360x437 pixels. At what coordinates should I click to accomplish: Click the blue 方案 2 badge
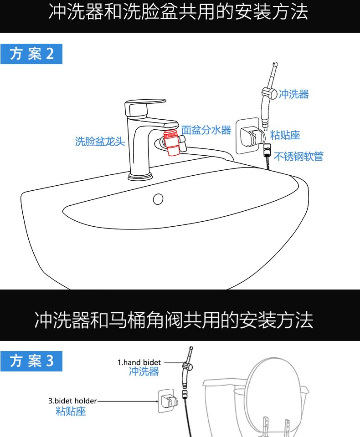(x=31, y=54)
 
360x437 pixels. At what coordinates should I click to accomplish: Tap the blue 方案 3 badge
(x=31, y=361)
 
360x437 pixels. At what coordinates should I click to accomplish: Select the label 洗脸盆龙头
(x=100, y=142)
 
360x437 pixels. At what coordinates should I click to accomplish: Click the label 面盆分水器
(x=206, y=130)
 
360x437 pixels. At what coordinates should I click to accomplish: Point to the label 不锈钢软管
(x=298, y=157)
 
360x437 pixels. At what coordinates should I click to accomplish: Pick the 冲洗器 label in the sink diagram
(x=293, y=94)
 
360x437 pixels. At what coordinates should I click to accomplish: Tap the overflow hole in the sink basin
(x=158, y=198)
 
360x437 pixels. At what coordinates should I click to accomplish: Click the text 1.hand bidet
(x=139, y=363)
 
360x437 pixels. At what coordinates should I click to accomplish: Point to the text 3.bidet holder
(x=72, y=401)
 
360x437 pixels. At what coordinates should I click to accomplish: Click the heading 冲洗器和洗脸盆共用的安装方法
(x=179, y=13)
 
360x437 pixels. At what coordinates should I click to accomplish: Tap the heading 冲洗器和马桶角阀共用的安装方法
(x=174, y=320)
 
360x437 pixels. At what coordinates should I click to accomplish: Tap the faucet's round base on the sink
(x=140, y=175)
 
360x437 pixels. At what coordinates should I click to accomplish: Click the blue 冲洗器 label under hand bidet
(x=144, y=372)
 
